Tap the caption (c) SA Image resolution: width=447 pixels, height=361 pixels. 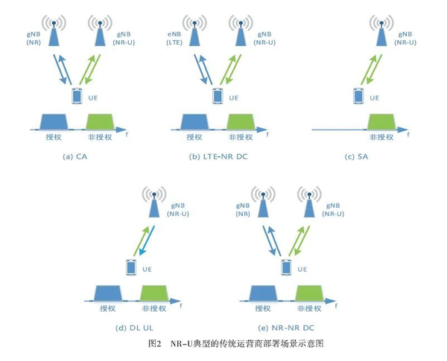360,157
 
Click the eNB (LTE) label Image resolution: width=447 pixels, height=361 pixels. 175,39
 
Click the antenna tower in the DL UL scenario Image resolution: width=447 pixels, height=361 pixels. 155,203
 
